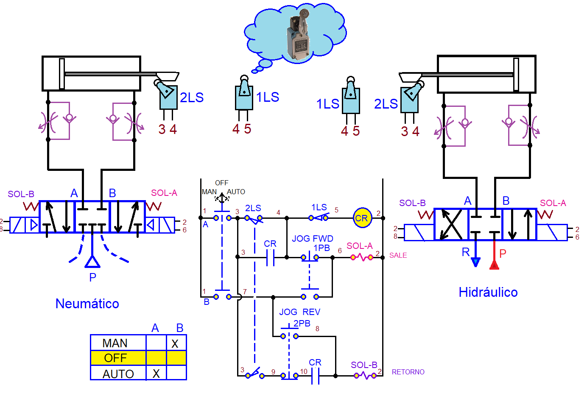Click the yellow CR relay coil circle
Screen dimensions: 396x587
[x=362, y=218]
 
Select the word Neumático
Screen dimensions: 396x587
[x=87, y=304]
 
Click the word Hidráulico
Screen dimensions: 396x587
[x=488, y=292]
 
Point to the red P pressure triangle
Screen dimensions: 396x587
[x=494, y=265]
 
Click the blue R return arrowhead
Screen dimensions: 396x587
[x=475, y=262]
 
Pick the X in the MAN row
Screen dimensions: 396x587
[x=175, y=343]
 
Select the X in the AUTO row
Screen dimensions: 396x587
[x=156, y=374]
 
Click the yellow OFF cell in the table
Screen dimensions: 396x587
[x=115, y=358]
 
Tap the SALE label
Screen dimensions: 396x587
[x=398, y=255]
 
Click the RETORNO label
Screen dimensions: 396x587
[x=408, y=372]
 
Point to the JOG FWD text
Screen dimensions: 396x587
[x=312, y=239]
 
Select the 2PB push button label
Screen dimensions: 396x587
[x=302, y=323]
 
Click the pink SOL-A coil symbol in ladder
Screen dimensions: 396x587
[x=361, y=257]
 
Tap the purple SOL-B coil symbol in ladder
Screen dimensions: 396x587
[x=365, y=375]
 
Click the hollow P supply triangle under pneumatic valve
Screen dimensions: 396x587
[x=92, y=262]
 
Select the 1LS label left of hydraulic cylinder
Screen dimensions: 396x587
[x=327, y=104]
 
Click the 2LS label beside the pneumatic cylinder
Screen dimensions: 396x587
[x=192, y=98]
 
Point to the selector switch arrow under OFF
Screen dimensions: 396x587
[x=221, y=198]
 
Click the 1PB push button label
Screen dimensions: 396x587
[x=321, y=248]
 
